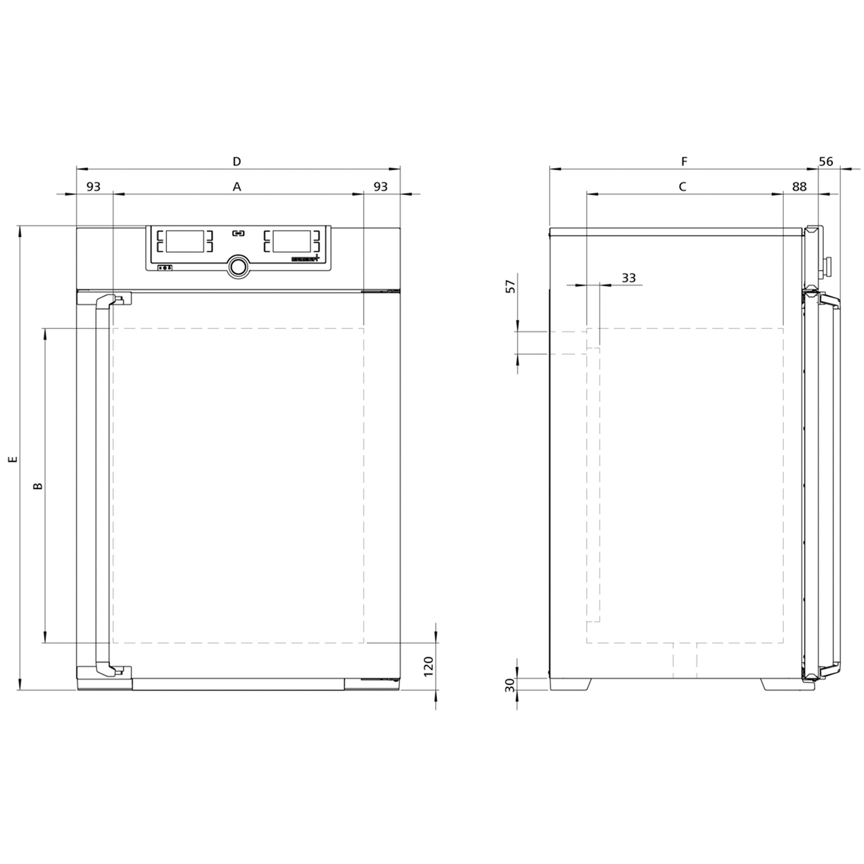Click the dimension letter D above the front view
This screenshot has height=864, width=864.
pos(237,161)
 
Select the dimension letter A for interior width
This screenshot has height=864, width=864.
pos(237,187)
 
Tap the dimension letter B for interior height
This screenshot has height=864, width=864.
pos(38,486)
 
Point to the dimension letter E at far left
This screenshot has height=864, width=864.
pos(13,459)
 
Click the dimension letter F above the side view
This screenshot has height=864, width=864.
pos(684,161)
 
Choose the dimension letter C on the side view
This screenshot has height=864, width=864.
pos(682,187)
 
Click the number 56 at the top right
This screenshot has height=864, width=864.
pos(826,161)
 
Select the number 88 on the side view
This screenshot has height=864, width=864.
pos(799,187)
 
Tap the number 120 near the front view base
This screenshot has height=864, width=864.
pos(428,666)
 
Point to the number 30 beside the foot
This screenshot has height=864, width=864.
pos(510,685)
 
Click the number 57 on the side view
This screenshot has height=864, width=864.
pos(510,286)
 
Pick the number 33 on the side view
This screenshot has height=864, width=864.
pos(628,278)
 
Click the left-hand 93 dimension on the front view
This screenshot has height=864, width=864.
pos(93,187)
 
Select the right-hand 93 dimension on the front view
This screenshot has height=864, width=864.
pos(380,187)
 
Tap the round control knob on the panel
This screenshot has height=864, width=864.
pos(238,267)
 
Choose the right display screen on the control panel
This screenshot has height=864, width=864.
pos(292,241)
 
